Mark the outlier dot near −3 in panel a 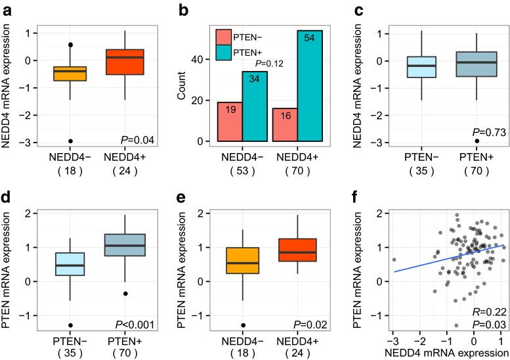point(70,141)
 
